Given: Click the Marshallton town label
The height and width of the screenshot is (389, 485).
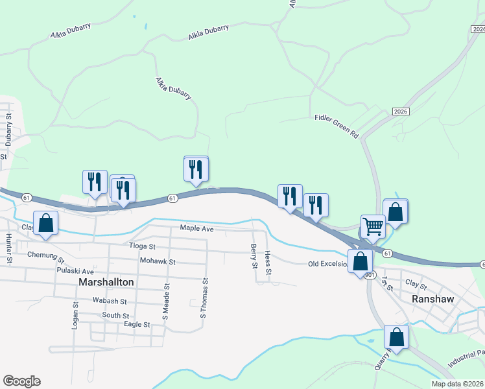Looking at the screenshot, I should coord(106,283).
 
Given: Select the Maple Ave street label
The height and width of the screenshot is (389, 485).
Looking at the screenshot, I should coord(196,228).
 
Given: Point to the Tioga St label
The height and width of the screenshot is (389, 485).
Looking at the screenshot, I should coord(143,246).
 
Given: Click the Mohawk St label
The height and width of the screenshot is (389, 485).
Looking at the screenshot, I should coord(158,261).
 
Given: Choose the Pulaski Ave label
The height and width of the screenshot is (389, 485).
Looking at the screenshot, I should coord(75,270).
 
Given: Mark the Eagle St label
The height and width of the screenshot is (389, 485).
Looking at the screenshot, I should coord(137,324).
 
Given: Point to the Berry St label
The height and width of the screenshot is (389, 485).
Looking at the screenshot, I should coord(253,255).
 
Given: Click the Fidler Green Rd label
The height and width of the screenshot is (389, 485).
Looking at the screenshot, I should coord(337,126).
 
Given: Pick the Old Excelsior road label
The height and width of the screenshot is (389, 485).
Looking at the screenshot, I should coord(327,264).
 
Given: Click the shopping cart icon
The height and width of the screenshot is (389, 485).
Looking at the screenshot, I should coord(373,227).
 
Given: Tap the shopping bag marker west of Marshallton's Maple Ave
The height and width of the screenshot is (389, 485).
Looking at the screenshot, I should coord(45,222).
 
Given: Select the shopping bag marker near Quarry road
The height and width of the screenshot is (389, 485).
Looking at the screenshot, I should coord(396,337).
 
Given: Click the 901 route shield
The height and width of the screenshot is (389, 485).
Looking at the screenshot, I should coord(370,275).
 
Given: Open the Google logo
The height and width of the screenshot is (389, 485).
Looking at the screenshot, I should coord(21,381).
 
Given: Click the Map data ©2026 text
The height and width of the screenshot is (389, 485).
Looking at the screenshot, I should coord(457,384).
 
